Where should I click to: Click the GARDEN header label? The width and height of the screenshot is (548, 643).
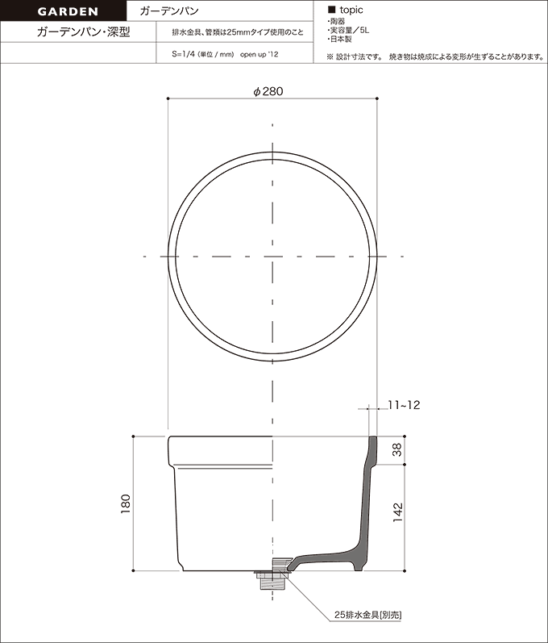pos(68,11)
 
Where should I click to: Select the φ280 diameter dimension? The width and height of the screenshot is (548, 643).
pos(268,91)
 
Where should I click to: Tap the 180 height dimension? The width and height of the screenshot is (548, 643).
pos(126,504)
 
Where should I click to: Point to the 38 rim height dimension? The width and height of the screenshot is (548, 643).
pos(397,450)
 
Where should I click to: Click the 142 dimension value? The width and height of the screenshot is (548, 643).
pos(397,512)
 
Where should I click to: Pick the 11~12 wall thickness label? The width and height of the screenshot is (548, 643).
pos(404,405)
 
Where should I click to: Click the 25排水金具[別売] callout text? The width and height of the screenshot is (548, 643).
pos(367,616)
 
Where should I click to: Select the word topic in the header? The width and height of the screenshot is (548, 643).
pos(351,10)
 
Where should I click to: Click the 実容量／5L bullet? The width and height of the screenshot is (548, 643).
pos(348,31)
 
